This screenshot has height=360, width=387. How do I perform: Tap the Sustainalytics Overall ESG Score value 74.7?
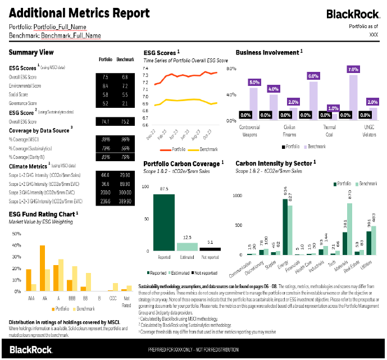[x=106, y=121]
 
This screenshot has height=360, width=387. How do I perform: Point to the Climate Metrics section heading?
[x=28, y=166]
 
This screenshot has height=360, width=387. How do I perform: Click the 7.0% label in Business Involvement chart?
[x=353, y=70]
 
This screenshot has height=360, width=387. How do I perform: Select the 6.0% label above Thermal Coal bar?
[x=313, y=76]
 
